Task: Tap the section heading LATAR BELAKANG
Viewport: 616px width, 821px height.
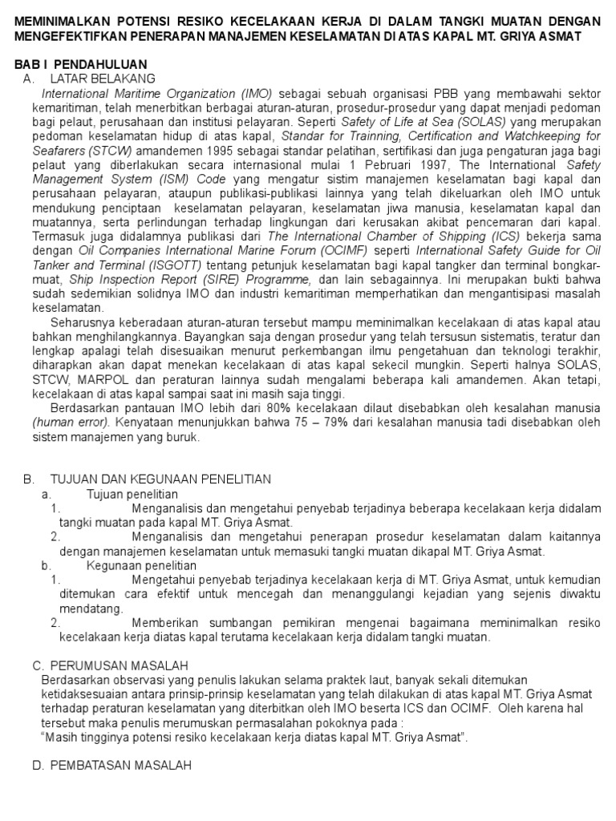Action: (x=102, y=79)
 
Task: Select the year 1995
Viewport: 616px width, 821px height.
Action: (x=209, y=151)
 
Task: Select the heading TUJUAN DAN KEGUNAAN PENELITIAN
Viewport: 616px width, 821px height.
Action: (x=160, y=479)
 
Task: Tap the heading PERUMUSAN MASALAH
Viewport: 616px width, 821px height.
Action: (x=119, y=666)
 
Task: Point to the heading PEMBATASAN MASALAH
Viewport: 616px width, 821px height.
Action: (x=120, y=766)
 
